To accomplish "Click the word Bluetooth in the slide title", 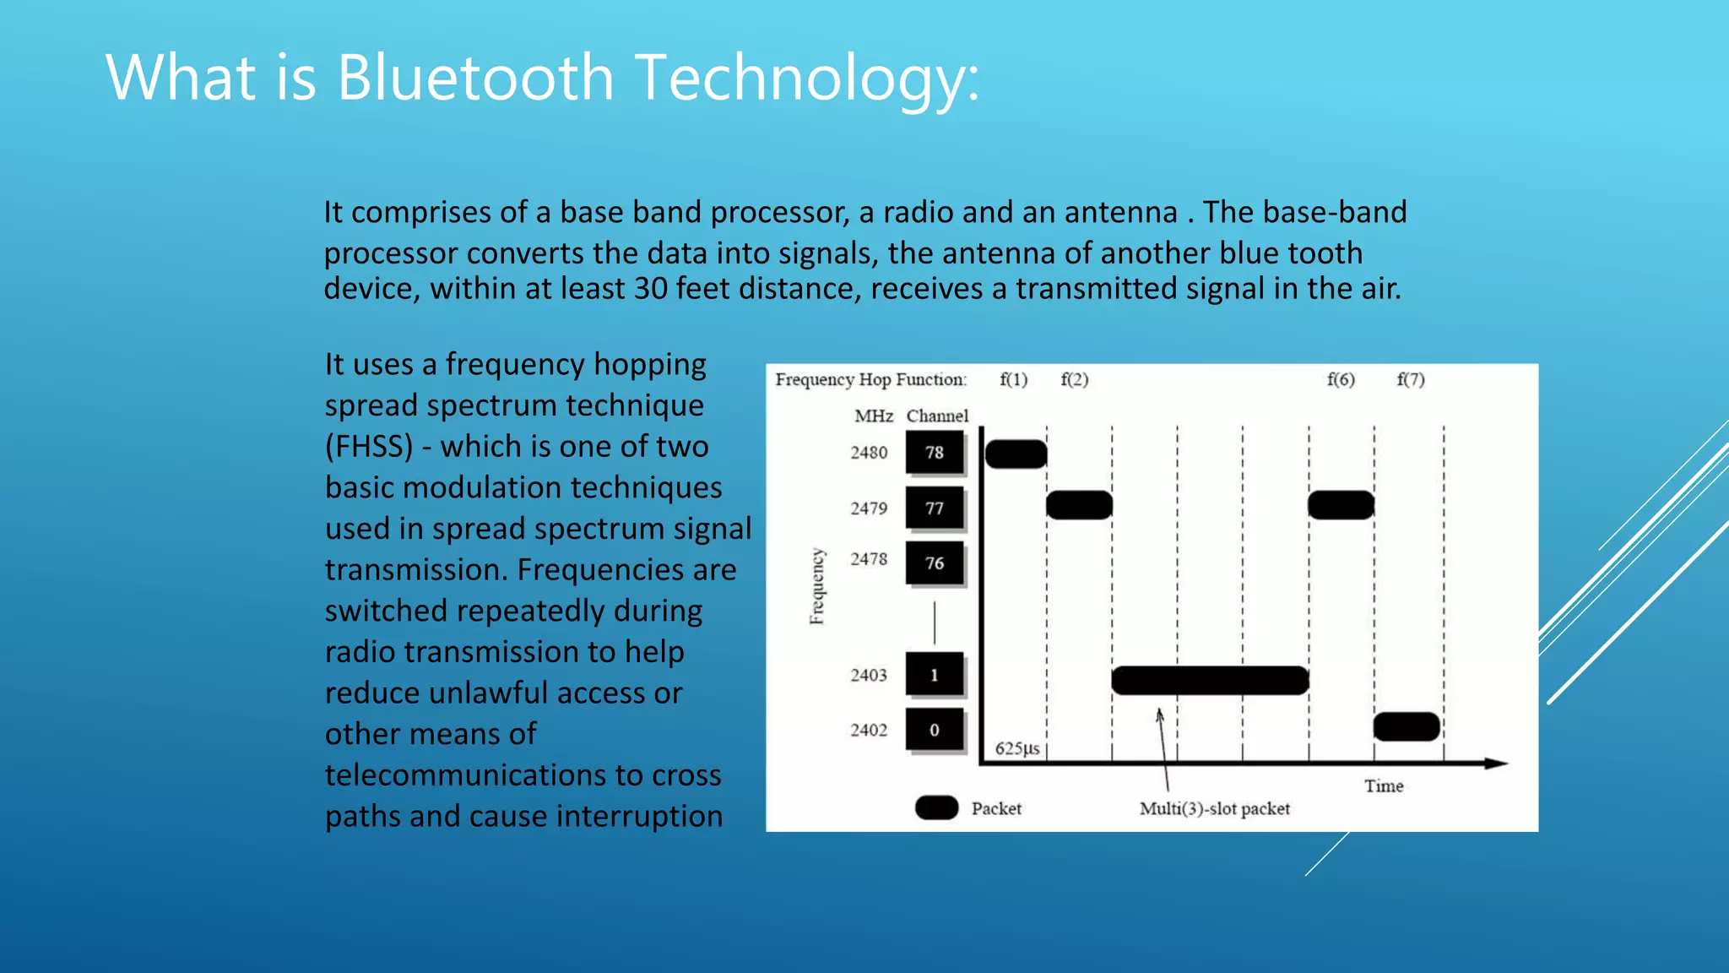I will tap(475, 78).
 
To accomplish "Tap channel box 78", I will tap(935, 453).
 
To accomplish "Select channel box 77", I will tap(935, 508).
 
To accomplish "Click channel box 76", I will tap(935, 563).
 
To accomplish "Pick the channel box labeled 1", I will tap(935, 675).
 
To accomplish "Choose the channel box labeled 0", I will tap(935, 730).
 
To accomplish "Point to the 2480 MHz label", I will tap(869, 453).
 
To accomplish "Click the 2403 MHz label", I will tap(869, 675).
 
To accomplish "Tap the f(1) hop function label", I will tap(1013, 379).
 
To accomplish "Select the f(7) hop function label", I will tap(1411, 379).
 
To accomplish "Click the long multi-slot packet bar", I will tap(1210, 680).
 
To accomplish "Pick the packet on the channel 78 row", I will tap(1016, 454).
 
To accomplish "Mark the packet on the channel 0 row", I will tap(1407, 726).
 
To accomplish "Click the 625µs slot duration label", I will tap(1017, 748).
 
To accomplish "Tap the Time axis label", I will tap(1384, 785).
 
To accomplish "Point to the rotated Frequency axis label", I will tap(816, 586).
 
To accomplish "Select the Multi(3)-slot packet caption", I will tap(1215, 808).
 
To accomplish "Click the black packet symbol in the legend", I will tap(936, 807).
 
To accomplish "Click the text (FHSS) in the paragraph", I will tap(369, 446).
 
